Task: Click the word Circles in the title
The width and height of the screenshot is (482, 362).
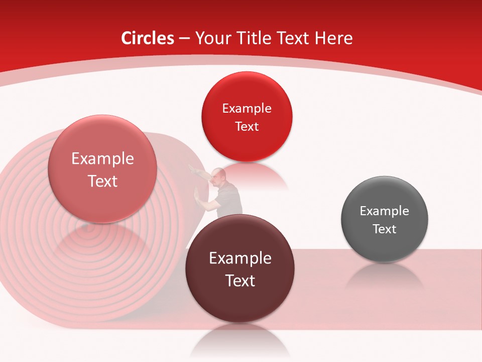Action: (148, 38)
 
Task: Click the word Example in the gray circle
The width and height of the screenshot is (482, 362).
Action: (385, 211)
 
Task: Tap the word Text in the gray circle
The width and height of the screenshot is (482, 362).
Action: (385, 229)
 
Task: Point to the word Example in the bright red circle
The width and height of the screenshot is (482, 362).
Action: (247, 108)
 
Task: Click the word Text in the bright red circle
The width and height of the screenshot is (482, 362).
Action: (247, 127)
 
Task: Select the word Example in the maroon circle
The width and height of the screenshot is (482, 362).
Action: (240, 258)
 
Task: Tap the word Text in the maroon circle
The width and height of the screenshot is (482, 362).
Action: (240, 281)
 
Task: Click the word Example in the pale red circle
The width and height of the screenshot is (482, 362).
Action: (102, 159)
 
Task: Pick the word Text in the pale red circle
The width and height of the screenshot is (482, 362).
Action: (102, 181)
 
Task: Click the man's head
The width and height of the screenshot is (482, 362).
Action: (219, 175)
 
